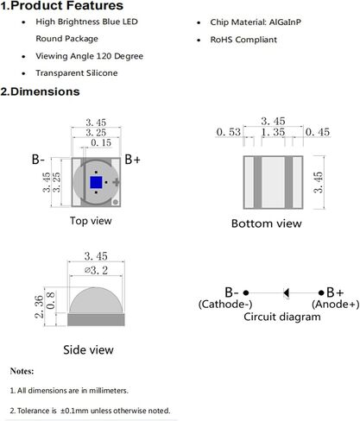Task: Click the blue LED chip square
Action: (96, 182)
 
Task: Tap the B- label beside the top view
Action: (38, 160)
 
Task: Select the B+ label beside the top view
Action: (132, 160)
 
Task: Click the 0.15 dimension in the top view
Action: (101, 142)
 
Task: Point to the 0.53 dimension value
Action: (229, 132)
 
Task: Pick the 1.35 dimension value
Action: (273, 132)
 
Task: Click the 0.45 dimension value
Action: (318, 132)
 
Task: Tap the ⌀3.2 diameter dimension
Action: (96, 270)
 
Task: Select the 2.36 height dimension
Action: (39, 306)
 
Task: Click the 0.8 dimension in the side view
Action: (50, 300)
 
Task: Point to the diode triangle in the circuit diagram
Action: (287, 292)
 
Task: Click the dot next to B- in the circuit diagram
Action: (246, 292)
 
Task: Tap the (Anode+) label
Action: (336, 304)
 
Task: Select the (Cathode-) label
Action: (225, 304)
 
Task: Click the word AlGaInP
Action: (285, 22)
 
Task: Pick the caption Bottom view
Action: (267, 223)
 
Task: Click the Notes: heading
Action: (22, 371)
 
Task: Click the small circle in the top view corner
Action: (116, 202)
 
